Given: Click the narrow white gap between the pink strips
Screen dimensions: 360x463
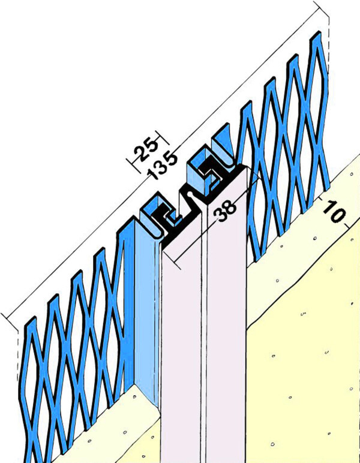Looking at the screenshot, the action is pos(205,339).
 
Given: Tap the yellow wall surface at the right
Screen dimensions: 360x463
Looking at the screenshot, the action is pos(304,369).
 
